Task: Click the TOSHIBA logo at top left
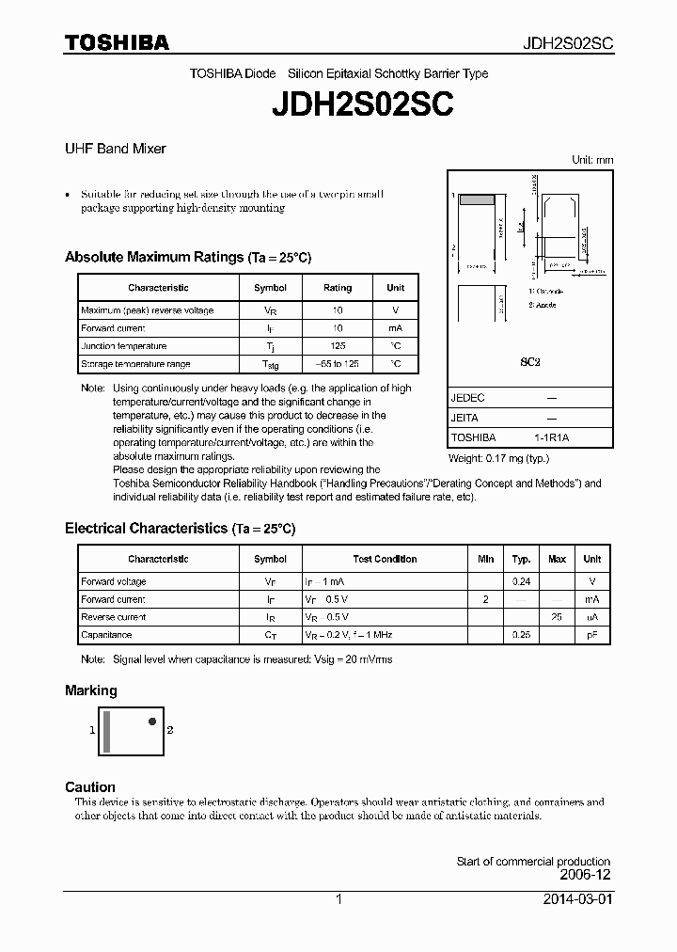[x=117, y=42]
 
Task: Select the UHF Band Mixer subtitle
[x=116, y=149]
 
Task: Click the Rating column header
[x=338, y=288]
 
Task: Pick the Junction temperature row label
[x=124, y=346]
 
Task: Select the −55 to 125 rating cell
[x=338, y=364]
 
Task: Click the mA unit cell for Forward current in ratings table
[x=395, y=328]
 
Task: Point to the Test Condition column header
[x=385, y=559]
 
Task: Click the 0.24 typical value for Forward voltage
[x=521, y=581]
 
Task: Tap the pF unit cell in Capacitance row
[x=592, y=635]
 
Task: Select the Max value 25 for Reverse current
[x=557, y=617]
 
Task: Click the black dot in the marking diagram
[x=151, y=722]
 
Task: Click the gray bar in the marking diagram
[x=107, y=730]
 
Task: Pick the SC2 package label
[x=530, y=361]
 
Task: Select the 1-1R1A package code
[x=552, y=437]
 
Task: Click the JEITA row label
[x=464, y=418]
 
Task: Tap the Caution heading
[x=90, y=786]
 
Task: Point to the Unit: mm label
[x=592, y=160]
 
